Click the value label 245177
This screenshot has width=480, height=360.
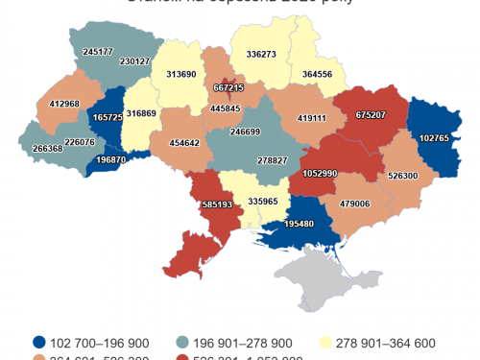coord(98,51)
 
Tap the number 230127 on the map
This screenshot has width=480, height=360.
coord(135,61)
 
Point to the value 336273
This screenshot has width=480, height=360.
coord(261,55)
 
